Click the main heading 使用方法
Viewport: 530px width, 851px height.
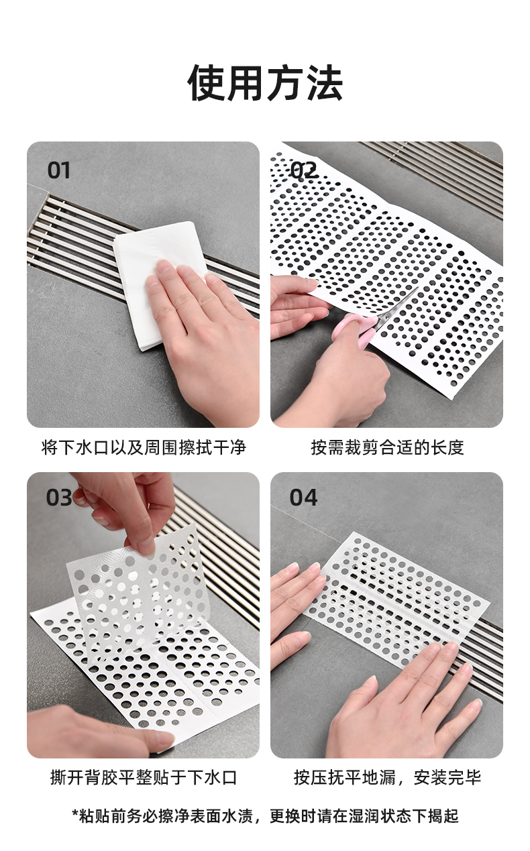266,82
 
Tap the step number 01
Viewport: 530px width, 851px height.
59,170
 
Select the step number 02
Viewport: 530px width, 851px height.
303,170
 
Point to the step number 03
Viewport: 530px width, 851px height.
59,498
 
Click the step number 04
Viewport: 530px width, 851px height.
303,498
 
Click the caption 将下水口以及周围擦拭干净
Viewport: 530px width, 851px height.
144,447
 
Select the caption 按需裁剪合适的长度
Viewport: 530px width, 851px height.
387,447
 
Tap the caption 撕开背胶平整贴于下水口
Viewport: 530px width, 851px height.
144,777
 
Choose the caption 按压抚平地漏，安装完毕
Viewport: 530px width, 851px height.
387,777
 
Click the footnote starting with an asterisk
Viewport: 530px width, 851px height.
265,815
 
